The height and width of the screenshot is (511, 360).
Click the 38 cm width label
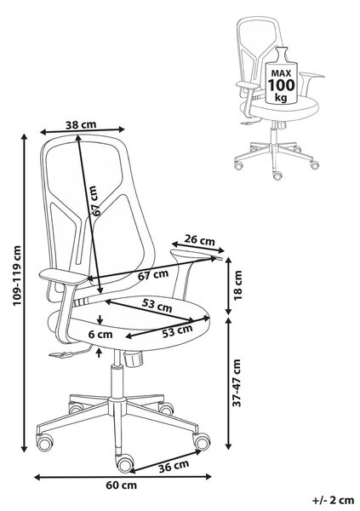point(81,124)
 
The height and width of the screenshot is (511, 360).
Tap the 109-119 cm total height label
point(17,275)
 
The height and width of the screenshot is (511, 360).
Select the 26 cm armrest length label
point(199,240)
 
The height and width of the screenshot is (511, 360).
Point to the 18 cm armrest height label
point(238,284)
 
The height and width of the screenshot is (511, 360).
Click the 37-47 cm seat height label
point(237,382)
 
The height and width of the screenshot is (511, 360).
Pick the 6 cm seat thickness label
point(100,335)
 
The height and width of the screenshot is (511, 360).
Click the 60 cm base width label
point(121,485)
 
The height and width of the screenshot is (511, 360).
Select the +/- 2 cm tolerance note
point(333,500)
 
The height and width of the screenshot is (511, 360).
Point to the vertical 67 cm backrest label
point(94,201)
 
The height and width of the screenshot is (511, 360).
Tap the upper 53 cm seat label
point(157,306)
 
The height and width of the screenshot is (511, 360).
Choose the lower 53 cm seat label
point(177,331)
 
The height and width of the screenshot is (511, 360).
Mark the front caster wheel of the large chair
point(125,462)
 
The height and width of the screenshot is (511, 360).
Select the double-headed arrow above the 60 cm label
point(123,477)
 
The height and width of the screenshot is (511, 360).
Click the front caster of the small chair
point(277,175)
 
